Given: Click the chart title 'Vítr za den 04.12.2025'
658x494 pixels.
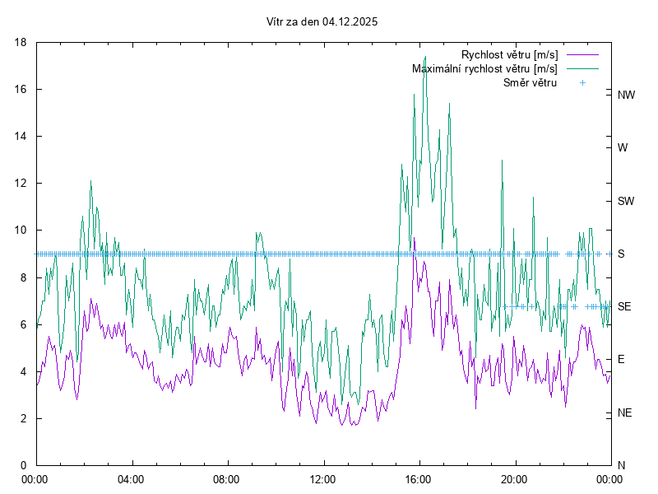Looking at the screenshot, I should point(322,22).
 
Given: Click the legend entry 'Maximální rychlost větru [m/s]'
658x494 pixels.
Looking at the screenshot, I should point(484,68).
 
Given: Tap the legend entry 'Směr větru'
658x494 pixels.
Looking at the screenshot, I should point(530,82).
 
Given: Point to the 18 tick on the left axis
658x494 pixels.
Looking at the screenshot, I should point(21,42).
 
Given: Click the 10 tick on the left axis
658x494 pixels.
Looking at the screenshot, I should point(21,231).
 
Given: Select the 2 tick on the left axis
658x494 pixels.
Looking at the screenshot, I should point(25,418).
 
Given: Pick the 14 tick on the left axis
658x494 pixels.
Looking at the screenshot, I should point(21,136).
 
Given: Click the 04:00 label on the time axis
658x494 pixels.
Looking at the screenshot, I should point(131,479).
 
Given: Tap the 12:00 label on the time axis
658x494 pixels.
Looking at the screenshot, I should point(322,479).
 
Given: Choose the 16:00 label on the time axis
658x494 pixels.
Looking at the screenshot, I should point(419,479).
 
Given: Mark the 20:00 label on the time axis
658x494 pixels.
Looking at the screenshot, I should point(514,479).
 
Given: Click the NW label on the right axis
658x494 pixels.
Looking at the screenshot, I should point(626,95).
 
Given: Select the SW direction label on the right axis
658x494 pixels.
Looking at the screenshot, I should point(626,201).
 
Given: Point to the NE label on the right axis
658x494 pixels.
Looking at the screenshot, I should point(625,412).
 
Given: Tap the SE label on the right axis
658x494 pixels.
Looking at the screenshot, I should point(624,306).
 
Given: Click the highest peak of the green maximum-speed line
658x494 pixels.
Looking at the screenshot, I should point(424,57).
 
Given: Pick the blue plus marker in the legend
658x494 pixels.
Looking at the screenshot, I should point(581,82).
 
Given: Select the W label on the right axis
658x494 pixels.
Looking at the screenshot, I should point(623,148).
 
